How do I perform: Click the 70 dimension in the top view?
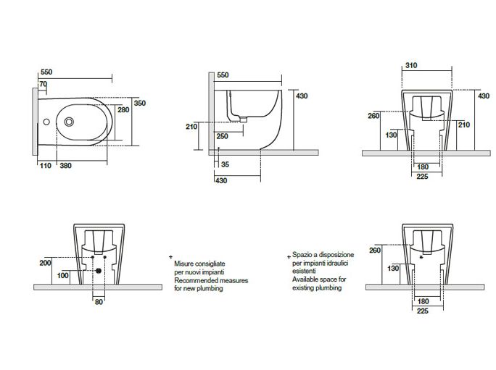tap(44, 85)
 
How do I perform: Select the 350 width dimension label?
tap(140, 103)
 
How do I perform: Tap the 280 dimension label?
tap(123, 109)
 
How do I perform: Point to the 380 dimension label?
tap(66, 166)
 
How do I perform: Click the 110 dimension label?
tap(46, 166)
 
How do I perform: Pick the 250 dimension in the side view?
tap(223, 136)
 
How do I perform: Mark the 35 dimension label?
tap(226, 164)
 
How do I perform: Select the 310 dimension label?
tap(411, 65)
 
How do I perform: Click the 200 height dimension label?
tap(45, 263)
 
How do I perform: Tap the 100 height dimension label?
tap(62, 276)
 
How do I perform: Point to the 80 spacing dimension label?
tap(99, 302)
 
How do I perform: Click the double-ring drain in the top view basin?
tap(69, 122)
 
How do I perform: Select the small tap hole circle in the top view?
tap(46, 122)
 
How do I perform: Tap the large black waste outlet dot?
tap(99, 271)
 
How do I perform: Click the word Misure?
tap(184, 264)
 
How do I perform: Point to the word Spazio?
tap(302, 255)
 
